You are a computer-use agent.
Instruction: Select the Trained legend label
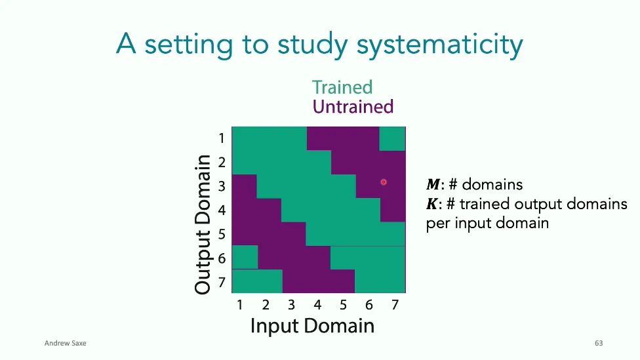[x=342, y=87]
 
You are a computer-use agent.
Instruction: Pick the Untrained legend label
[x=353, y=106]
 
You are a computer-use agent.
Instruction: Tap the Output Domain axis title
[x=203, y=224]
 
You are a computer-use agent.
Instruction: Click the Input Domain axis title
[x=312, y=325]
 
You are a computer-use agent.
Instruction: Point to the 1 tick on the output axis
[x=222, y=138]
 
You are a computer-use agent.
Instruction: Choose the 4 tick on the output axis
[x=222, y=210]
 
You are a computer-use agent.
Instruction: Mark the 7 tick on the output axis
[x=222, y=283]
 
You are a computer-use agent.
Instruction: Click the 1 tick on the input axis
[x=240, y=305]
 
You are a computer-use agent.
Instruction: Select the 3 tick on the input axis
[x=291, y=305]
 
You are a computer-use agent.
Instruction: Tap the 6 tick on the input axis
[x=369, y=305]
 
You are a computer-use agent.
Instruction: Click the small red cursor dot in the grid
[x=384, y=182]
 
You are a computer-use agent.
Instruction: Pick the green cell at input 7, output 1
[x=392, y=138]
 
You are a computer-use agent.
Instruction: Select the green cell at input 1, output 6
[x=245, y=257]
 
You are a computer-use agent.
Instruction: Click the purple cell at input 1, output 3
[x=244, y=186]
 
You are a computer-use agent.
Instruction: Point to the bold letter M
[x=432, y=185]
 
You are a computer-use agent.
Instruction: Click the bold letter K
[x=431, y=204]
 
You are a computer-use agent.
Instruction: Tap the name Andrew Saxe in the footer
[x=65, y=344]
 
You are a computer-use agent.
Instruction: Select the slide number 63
[x=598, y=344]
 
